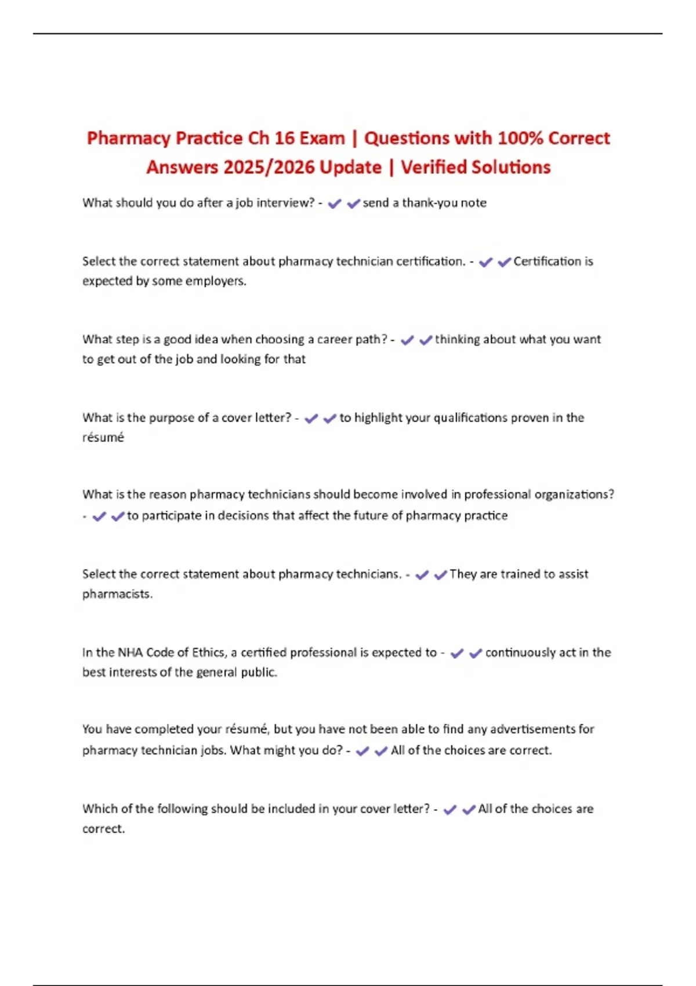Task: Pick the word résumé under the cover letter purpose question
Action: coord(103,438)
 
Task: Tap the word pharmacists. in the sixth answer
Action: coord(117,594)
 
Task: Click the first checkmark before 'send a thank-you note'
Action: coord(335,204)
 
